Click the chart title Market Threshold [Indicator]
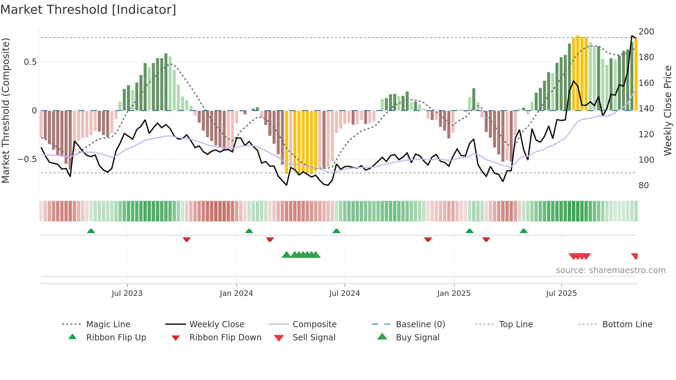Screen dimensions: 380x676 [x=88, y=10]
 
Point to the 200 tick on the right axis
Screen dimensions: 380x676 [x=646, y=32]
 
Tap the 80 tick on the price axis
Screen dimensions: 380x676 [x=644, y=186]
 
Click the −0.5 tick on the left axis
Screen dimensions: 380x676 [x=27, y=159]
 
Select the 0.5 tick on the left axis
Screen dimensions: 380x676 [x=30, y=62]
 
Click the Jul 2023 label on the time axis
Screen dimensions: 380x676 [x=127, y=293]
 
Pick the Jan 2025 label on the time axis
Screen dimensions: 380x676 [x=454, y=293]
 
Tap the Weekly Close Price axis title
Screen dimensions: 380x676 [x=668, y=110]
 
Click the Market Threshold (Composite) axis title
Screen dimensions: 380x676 [x=6, y=110]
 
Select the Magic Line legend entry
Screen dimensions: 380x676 [x=108, y=324]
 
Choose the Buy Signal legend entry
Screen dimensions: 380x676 [x=417, y=338]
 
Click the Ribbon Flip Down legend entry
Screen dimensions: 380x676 [x=225, y=338]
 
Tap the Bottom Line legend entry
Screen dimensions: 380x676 [x=627, y=324]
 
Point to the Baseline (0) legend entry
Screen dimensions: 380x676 [x=420, y=324]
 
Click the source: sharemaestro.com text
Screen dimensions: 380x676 [x=610, y=270]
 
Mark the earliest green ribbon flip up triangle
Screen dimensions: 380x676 [x=91, y=231]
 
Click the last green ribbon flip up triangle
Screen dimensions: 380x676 [x=524, y=231]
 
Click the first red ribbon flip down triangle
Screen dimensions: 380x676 [x=187, y=239]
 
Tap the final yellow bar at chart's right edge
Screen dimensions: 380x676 [x=636, y=74]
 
